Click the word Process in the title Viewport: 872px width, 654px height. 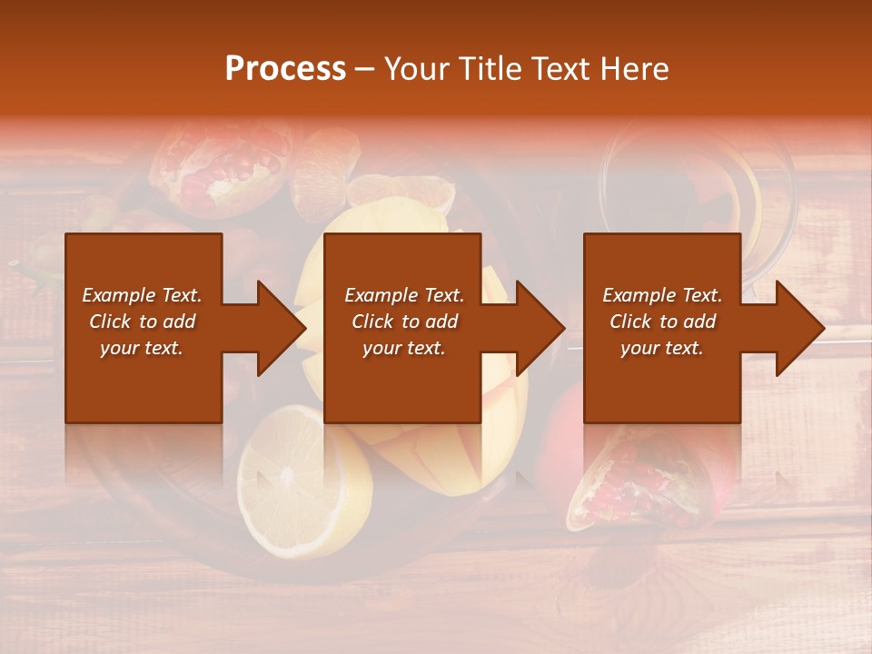pyautogui.click(x=285, y=69)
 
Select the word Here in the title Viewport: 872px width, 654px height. pyautogui.click(x=635, y=69)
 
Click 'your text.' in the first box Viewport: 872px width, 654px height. pyautogui.click(x=142, y=348)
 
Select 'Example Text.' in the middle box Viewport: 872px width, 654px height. pyautogui.click(x=403, y=295)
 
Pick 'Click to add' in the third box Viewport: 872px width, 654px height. pyautogui.click(x=662, y=322)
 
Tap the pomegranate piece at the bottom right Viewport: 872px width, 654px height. pyautogui.click(x=627, y=490)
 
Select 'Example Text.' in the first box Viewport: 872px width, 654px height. pyautogui.click(x=142, y=295)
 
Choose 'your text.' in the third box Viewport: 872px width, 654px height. pyautogui.click(x=662, y=348)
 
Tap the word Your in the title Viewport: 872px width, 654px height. pyautogui.click(x=416, y=69)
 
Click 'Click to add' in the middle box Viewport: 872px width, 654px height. pyautogui.click(x=403, y=322)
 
